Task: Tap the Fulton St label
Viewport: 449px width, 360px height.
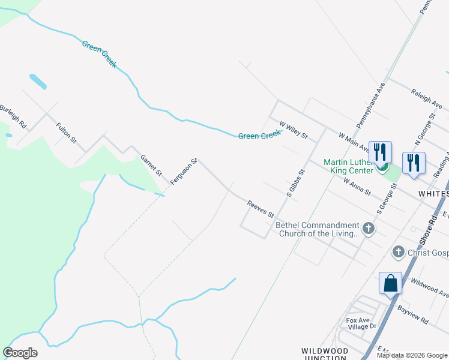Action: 66,133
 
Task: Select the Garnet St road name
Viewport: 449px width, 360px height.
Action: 151,165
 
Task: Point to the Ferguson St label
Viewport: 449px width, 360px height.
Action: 184,171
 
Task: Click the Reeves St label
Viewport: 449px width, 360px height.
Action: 261,210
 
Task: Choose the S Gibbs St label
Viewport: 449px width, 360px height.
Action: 296,183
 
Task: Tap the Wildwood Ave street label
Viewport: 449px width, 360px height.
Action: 429,287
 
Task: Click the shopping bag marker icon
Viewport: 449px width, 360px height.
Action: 390,283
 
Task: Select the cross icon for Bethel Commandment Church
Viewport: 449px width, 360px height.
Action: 369,229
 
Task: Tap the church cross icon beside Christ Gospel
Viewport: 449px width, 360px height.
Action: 397,252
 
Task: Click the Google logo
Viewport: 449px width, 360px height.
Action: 20,353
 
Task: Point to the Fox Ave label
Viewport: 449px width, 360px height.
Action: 357,320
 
